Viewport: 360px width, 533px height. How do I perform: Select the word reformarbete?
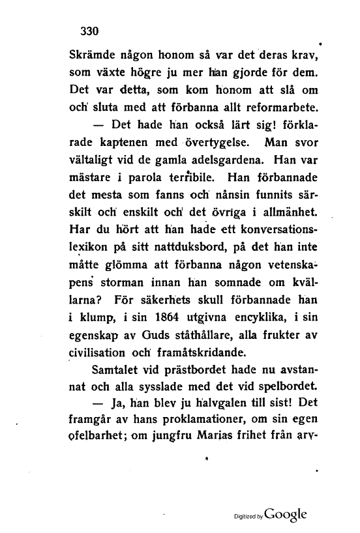tap(274, 105)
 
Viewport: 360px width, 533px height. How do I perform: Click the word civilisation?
tap(104, 354)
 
